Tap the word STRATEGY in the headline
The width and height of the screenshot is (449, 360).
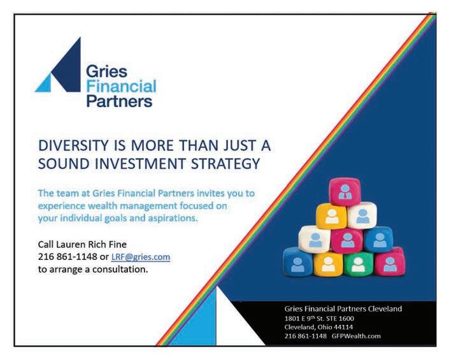(225, 164)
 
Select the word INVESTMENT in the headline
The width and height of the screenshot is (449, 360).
(140, 164)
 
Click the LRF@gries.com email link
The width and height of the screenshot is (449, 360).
(141, 257)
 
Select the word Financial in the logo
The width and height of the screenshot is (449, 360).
(121, 87)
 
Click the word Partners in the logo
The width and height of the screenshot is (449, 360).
(119, 101)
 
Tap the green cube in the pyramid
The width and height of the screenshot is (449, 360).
(358, 264)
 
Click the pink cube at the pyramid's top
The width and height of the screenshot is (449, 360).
(345, 191)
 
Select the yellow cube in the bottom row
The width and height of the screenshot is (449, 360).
(328, 264)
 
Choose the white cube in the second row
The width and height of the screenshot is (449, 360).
(362, 215)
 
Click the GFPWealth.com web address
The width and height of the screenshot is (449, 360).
(356, 336)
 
